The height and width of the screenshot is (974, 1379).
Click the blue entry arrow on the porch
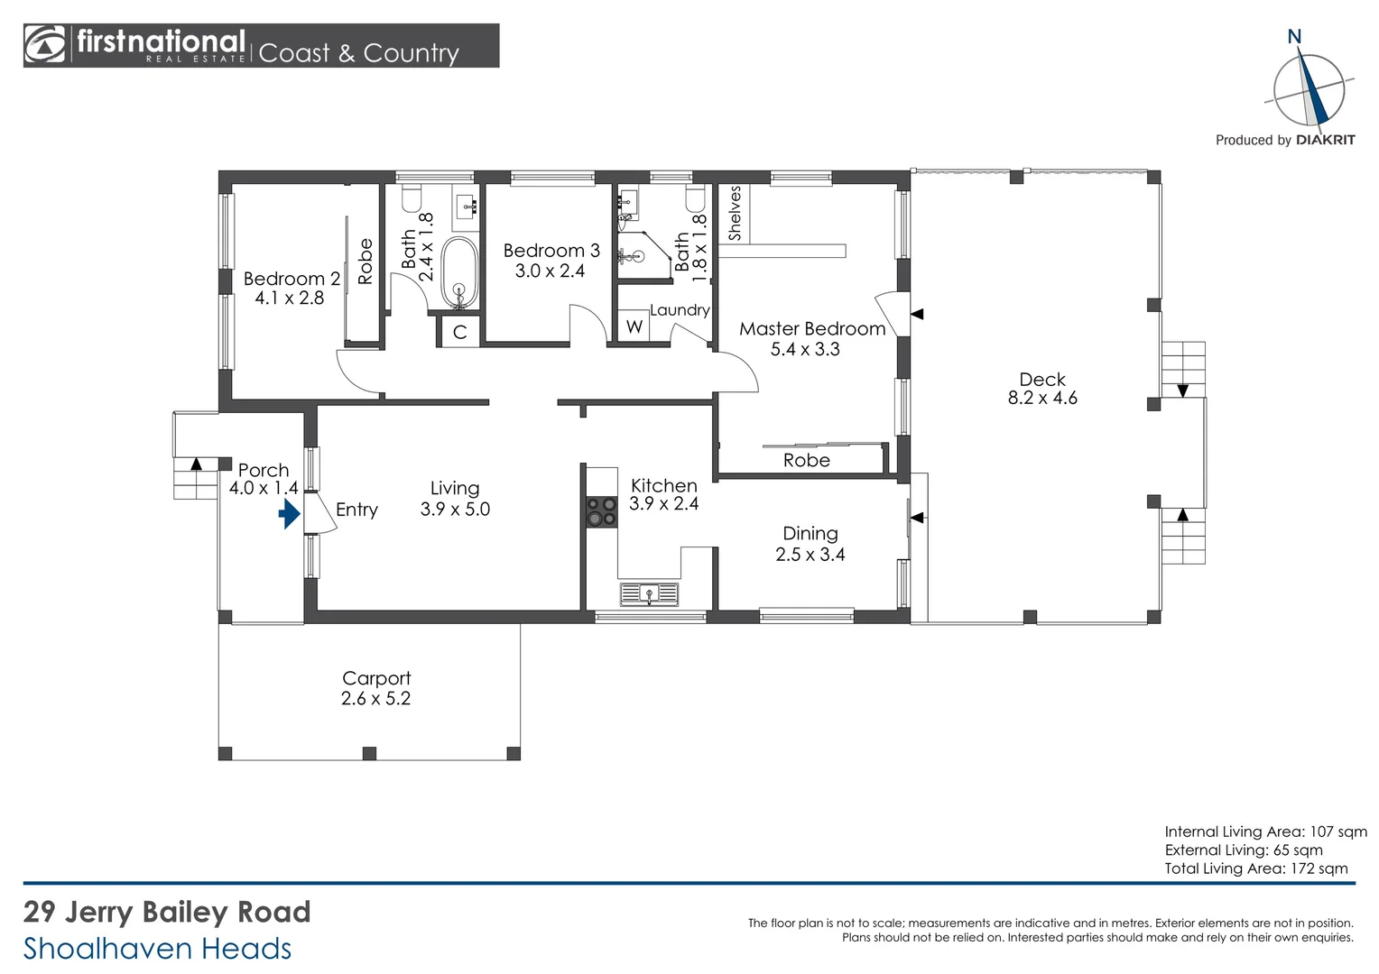tap(289, 514)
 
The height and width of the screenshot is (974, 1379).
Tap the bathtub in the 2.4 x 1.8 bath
tap(459, 271)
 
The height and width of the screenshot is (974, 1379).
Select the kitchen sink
tap(649, 593)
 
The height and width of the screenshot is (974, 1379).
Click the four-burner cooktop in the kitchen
tap(601, 511)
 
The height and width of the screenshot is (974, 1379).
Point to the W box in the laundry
tap(634, 326)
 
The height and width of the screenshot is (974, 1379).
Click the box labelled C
tap(459, 332)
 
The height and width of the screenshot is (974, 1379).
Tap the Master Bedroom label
tap(812, 329)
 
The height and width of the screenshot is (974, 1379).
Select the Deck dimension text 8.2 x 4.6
tap(1042, 399)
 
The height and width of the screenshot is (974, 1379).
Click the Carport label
tap(376, 678)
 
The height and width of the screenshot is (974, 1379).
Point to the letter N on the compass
tap(1294, 37)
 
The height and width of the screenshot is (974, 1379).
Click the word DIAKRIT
tap(1325, 140)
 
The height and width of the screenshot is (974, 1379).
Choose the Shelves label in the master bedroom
tap(735, 213)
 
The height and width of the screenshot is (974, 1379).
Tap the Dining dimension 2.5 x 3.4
tap(810, 555)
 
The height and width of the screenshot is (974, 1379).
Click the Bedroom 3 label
tap(551, 251)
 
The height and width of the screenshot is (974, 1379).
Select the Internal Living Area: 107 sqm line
tap(1265, 832)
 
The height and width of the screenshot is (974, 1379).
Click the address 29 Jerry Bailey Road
tap(167, 912)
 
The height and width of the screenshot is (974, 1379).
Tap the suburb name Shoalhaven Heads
tap(158, 949)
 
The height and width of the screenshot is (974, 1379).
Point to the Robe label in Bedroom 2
tap(366, 262)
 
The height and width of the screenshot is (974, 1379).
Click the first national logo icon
tap(45, 45)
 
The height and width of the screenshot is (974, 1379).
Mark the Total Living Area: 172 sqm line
tap(1255, 868)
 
